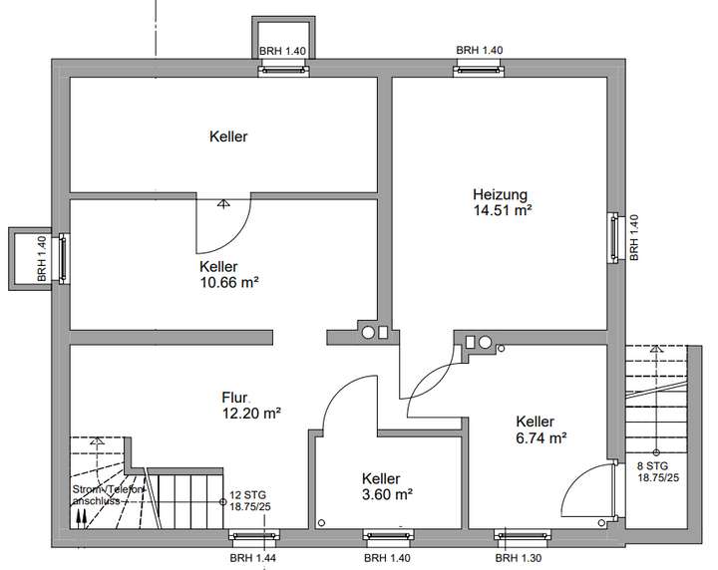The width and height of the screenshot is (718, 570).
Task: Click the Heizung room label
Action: point(500,194)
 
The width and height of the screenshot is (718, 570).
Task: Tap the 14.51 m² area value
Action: point(502,210)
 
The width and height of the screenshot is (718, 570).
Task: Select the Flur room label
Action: point(234,397)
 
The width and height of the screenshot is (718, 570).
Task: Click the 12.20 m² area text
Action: point(250,413)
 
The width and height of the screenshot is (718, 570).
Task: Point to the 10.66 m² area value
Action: point(228,282)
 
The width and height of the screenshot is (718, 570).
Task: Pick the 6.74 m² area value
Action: point(540,436)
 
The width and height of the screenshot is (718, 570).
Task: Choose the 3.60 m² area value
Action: point(388,493)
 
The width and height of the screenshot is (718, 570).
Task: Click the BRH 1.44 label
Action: point(253,559)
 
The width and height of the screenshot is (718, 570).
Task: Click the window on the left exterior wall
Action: point(64,258)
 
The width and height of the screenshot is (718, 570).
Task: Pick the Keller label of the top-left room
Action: point(228,137)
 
